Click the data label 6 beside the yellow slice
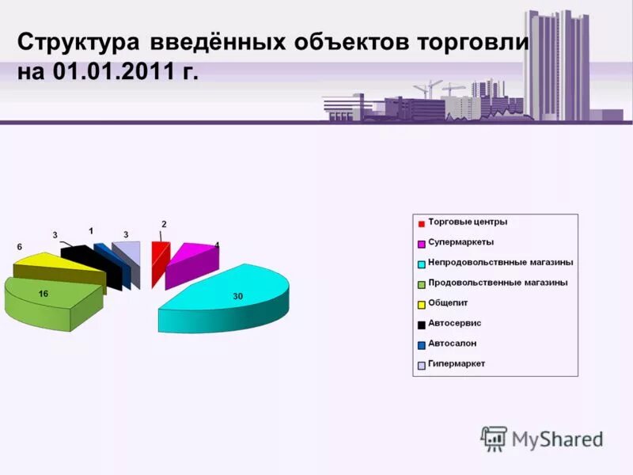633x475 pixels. (20, 247)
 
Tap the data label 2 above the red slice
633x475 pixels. (164, 224)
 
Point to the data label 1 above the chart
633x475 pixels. (91, 230)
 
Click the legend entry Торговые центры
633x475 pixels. (468, 222)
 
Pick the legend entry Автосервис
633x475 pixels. (454, 324)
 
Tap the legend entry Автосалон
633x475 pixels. (452, 344)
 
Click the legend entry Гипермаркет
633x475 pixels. (457, 364)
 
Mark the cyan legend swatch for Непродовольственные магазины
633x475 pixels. (422, 263)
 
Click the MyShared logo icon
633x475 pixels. (494, 438)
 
